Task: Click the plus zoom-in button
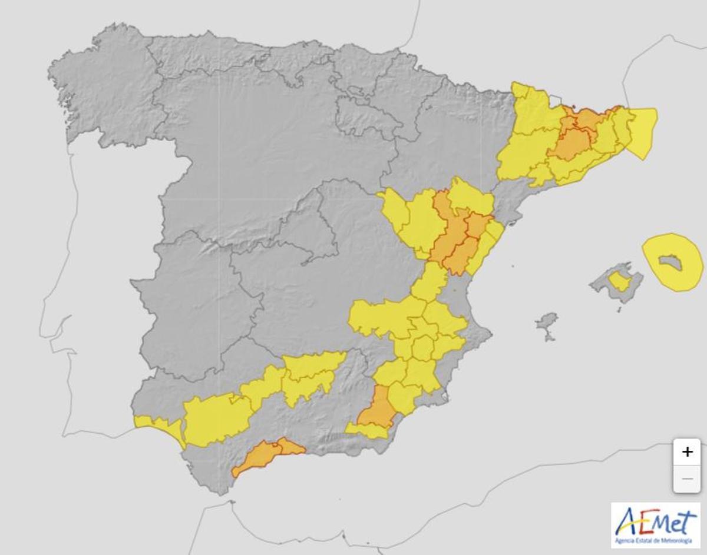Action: pos(687,452)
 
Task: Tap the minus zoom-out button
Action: pos(687,479)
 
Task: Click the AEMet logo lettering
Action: pos(655,521)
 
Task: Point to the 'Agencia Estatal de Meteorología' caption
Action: pos(655,540)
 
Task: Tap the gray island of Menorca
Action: pos(671,262)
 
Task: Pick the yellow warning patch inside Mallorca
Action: pos(619,281)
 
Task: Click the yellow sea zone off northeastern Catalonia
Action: pos(642,132)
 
